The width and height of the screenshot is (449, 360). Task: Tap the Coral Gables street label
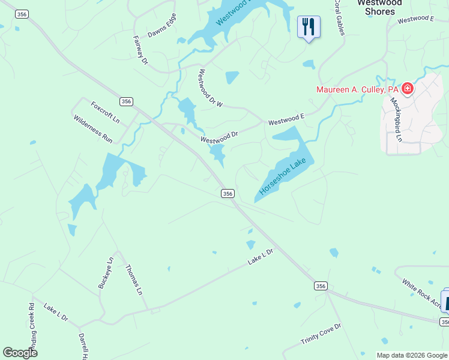(339, 17)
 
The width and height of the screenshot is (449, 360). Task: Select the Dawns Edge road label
(162, 25)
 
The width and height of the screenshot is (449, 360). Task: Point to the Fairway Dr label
(140, 49)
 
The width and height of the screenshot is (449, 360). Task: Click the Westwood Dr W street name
(210, 88)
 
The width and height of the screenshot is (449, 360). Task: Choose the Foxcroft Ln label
(106, 112)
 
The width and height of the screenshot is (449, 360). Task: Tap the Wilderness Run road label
(93, 128)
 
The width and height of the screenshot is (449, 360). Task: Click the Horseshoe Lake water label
(283, 176)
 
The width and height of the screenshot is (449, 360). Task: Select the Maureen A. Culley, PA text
(358, 89)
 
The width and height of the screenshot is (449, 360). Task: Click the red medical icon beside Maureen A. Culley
(408, 89)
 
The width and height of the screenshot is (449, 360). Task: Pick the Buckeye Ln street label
(106, 273)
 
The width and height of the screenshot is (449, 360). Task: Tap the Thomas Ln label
(134, 280)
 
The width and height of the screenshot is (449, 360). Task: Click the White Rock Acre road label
(421, 292)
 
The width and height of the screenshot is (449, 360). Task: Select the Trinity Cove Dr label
(321, 334)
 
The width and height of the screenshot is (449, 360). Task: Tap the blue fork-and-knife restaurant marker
(309, 26)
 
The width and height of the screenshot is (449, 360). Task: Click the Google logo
(20, 353)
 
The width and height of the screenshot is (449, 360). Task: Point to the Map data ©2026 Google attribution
(412, 355)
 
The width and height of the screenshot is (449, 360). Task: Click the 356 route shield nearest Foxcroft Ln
(125, 101)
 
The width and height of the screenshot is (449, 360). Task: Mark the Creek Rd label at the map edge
(30, 327)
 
